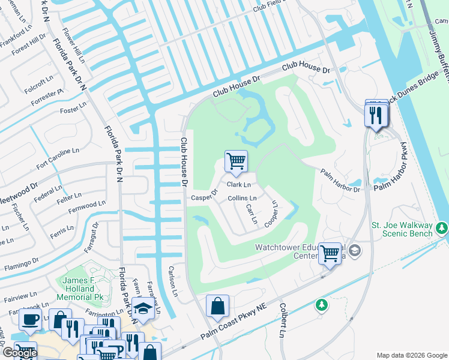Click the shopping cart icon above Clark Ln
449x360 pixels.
click(x=236, y=161)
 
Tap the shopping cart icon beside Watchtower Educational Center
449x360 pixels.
click(x=330, y=253)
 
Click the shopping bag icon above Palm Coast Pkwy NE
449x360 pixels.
click(x=217, y=305)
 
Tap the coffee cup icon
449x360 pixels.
click(x=30, y=319)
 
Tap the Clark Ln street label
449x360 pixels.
click(x=238, y=185)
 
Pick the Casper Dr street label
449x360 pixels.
click(x=204, y=197)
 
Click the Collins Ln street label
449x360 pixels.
click(x=242, y=198)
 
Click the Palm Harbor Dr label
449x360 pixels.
click(x=340, y=180)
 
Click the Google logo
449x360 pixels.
click(x=19, y=353)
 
